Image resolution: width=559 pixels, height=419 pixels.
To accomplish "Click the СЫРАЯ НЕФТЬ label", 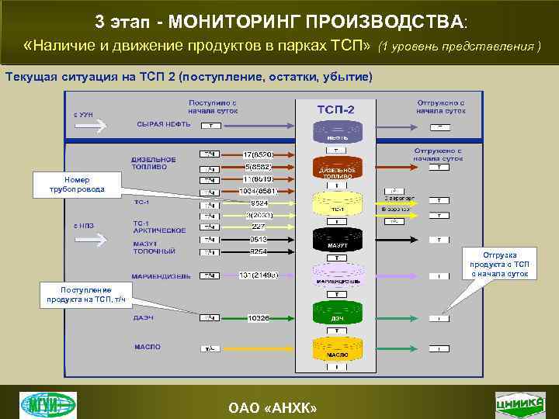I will tap(163, 124).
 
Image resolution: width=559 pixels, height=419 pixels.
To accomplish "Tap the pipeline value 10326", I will tap(258, 317).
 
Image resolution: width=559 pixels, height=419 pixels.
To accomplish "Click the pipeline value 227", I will tap(258, 227).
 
